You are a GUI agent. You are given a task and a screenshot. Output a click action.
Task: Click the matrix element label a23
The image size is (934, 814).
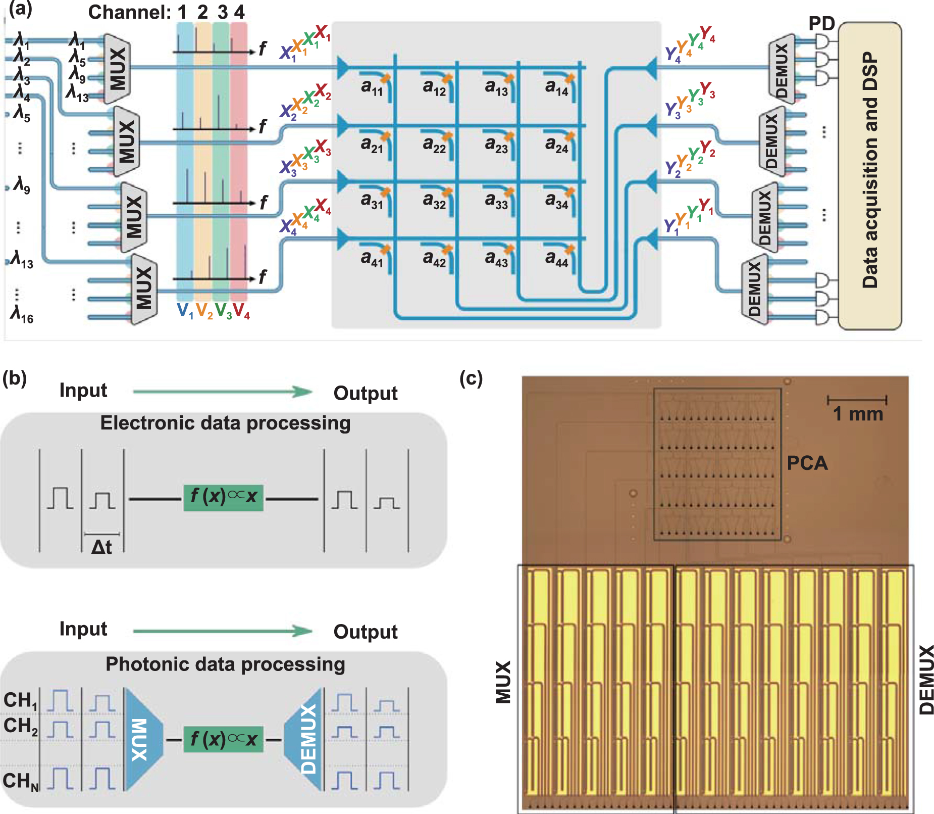point(496,145)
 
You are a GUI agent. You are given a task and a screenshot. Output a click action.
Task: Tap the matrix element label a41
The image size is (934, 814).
point(372,259)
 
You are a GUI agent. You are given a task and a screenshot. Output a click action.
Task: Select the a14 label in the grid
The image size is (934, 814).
point(556,88)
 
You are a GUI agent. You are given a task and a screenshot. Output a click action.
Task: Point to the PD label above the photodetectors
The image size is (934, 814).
point(821,23)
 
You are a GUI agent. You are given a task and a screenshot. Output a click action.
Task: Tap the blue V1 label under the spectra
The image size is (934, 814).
point(185,311)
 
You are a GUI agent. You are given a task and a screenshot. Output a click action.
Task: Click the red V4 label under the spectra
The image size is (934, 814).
point(241,311)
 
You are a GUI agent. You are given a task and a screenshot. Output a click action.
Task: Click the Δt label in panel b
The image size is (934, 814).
point(101,547)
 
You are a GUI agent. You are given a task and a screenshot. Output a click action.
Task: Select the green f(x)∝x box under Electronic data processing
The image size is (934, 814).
point(223,497)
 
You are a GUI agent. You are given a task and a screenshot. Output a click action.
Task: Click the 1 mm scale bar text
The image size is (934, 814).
point(857,414)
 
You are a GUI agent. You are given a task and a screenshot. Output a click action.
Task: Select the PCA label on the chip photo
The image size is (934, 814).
point(807,463)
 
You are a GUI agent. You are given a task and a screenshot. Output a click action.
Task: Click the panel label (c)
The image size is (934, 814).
point(471,378)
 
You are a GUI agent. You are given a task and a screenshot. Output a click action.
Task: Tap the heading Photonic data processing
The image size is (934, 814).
point(225,664)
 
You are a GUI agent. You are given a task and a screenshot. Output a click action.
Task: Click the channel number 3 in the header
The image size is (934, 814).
point(222,12)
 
